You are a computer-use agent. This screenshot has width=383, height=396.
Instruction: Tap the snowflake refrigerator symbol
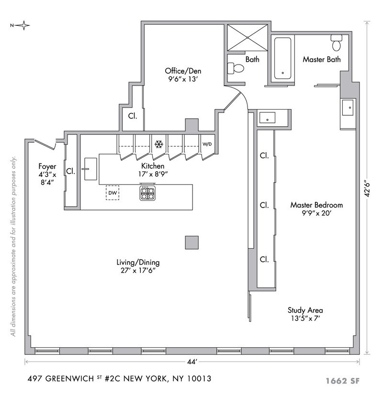click(158, 143)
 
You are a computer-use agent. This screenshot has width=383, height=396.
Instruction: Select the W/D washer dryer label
click(207, 144)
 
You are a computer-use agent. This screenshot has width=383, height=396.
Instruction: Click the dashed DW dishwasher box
click(113, 193)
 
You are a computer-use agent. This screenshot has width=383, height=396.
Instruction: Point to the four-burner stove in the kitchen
click(147, 193)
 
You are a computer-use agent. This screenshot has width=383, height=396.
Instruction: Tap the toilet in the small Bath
click(236, 68)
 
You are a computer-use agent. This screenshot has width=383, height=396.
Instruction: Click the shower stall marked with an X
click(248, 37)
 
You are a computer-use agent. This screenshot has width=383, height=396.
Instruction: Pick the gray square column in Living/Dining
click(192, 242)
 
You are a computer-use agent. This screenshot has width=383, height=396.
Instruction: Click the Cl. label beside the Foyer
click(70, 171)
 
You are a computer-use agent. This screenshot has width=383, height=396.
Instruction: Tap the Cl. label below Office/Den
click(132, 115)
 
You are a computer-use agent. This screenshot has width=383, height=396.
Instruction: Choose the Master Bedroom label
click(316, 209)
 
